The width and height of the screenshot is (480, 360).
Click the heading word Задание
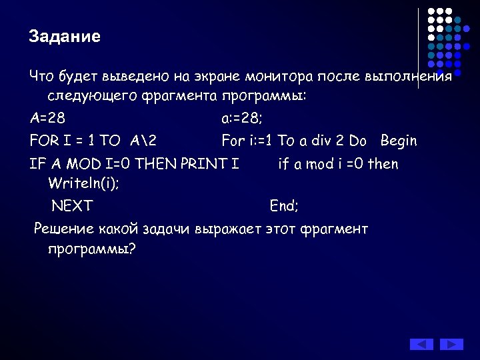coord(65,37)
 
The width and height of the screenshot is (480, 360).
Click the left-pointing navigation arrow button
coord(421,344)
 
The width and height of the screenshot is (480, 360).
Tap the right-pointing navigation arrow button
coord(451,344)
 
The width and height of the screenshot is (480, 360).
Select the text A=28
coord(47,119)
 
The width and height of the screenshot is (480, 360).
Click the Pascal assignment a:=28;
coord(243,119)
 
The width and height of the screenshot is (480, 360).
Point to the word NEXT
coord(72,206)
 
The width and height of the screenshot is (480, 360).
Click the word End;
coord(284,206)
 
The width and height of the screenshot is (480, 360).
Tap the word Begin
coord(399,141)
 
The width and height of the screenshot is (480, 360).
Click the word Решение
coord(63,230)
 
